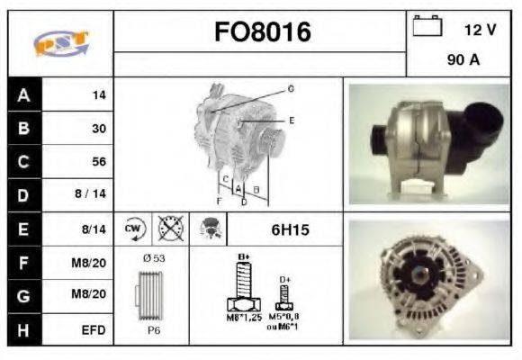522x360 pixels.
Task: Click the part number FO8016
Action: (x=262, y=32)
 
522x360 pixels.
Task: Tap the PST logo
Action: (x=60, y=44)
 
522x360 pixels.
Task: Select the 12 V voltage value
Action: (x=480, y=30)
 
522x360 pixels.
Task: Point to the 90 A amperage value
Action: (x=463, y=62)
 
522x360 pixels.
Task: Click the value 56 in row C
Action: (x=99, y=162)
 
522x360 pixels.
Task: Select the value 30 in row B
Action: (x=99, y=129)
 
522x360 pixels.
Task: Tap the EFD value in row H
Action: (x=94, y=330)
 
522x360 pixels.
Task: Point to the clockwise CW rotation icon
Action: (x=134, y=229)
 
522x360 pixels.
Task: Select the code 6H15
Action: (x=290, y=230)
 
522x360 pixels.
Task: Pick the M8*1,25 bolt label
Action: (x=243, y=318)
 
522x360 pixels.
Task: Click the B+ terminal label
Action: (x=242, y=257)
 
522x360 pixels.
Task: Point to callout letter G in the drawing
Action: (x=291, y=89)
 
